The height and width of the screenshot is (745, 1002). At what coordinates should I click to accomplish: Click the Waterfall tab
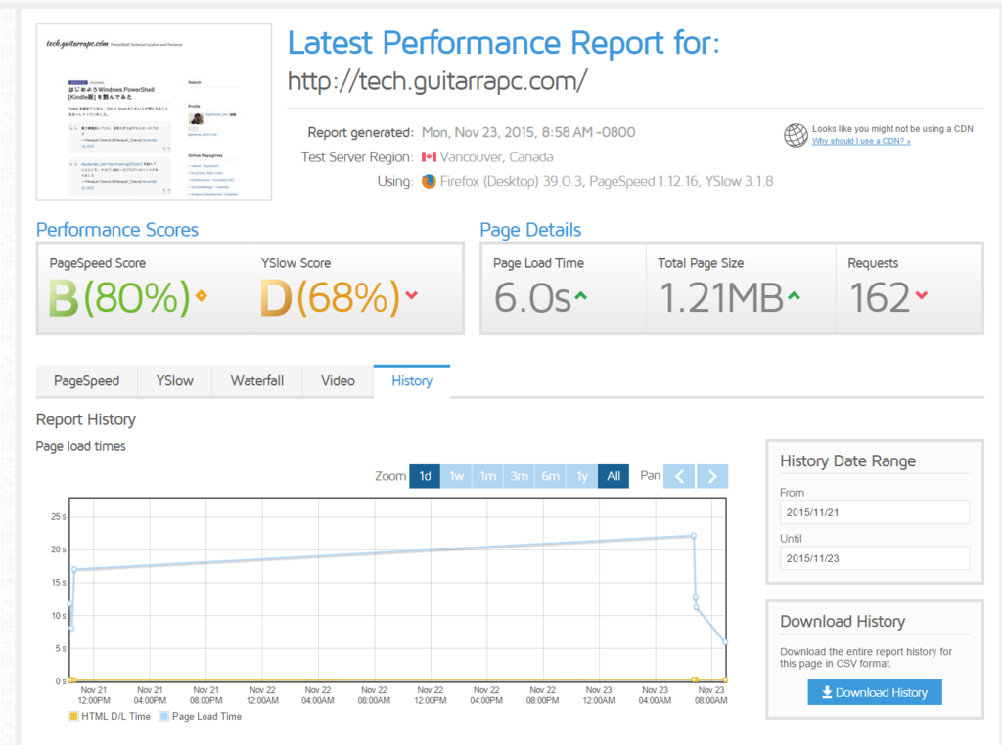click(257, 380)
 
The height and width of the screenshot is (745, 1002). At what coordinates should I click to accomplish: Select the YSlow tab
click(175, 380)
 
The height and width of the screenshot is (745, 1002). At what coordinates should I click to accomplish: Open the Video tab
click(338, 380)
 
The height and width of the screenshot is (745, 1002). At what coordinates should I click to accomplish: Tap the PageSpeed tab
click(86, 380)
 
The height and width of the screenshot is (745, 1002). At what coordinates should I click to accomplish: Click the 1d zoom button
click(425, 476)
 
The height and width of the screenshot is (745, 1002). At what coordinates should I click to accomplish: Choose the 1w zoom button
click(456, 476)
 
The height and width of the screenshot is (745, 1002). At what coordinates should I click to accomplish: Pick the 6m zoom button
click(550, 476)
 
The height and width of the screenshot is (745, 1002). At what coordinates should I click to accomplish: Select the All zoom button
click(614, 476)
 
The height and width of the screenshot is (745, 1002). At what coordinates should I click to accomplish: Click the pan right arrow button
click(713, 476)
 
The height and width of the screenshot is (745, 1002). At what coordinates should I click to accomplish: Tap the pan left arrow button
click(680, 476)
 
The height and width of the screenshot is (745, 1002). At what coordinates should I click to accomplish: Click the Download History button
click(875, 692)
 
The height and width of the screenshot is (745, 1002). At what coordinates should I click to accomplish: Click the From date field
click(874, 512)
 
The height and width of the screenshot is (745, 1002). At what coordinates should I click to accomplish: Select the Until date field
click(874, 557)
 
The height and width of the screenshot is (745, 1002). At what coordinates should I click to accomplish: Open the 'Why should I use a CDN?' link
click(861, 141)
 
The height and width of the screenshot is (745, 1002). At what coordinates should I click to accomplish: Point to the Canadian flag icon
click(429, 156)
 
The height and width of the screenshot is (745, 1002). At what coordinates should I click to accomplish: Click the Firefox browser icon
click(429, 181)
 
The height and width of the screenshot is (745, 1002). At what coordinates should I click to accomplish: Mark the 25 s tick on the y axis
click(57, 516)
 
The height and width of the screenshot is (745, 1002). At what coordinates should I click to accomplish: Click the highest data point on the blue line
click(693, 536)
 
